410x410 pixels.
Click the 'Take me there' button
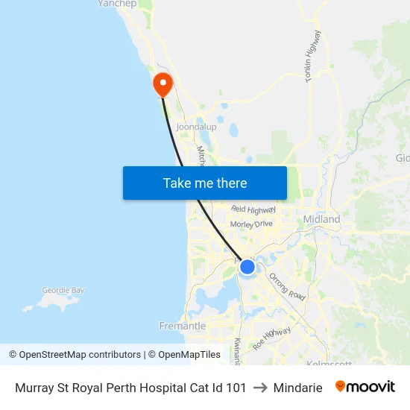pyautogui.click(x=205, y=183)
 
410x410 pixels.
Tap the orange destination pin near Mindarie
pyautogui.click(x=162, y=83)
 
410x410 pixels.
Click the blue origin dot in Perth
pyautogui.click(x=247, y=266)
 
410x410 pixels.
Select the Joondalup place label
pyautogui.click(x=196, y=127)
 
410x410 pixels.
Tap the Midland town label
pyautogui.click(x=321, y=219)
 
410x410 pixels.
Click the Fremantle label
pyautogui.click(x=183, y=326)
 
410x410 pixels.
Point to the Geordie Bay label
pyautogui.click(x=63, y=290)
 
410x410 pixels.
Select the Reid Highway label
pyautogui.click(x=253, y=210)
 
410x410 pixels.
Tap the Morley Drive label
pyautogui.click(x=252, y=224)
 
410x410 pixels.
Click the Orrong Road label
pyautogui.click(x=287, y=287)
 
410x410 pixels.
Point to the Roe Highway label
pyautogui.click(x=271, y=338)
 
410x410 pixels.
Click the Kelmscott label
pyautogui.click(x=329, y=363)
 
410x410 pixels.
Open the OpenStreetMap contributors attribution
pyautogui.click(x=75, y=355)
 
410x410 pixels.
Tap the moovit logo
pyautogui.click(x=365, y=387)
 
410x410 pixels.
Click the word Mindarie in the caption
pyautogui.click(x=298, y=388)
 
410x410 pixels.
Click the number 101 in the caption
pyautogui.click(x=236, y=388)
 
